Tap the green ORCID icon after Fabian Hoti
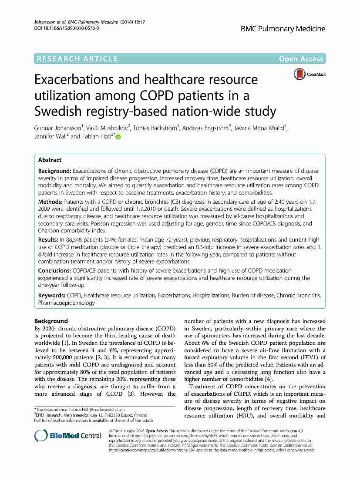118,137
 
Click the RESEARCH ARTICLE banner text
78,59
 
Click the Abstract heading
50,160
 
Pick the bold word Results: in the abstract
48,239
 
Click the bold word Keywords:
52,296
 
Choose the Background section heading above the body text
51,321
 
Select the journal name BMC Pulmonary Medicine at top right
283,29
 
